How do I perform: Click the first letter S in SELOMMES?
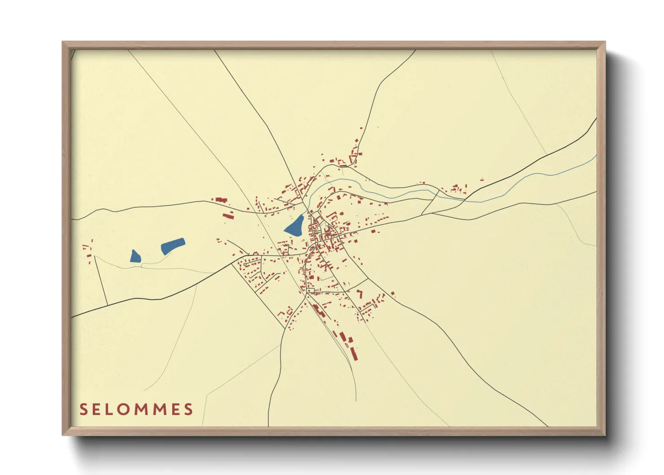click(x=83, y=409)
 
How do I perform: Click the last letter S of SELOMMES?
click(x=189, y=409)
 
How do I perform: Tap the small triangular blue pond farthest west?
click(x=135, y=256)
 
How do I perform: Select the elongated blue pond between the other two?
click(x=172, y=246)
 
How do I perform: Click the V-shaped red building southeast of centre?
click(x=360, y=294)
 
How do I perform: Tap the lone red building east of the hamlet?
click(x=482, y=180)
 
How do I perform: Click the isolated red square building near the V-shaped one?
click(x=393, y=294)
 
